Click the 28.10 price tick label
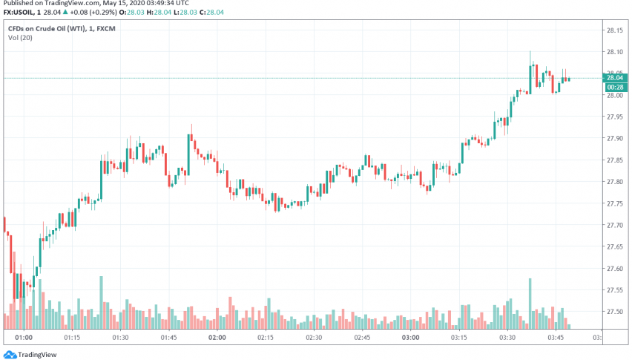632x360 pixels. (614, 52)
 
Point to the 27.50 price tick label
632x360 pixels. (614, 312)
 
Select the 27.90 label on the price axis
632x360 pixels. (614, 139)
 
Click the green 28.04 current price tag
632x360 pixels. (613, 78)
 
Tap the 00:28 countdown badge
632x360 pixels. (613, 86)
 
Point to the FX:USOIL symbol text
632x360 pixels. (18, 11)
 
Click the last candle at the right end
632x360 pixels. (568, 79)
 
